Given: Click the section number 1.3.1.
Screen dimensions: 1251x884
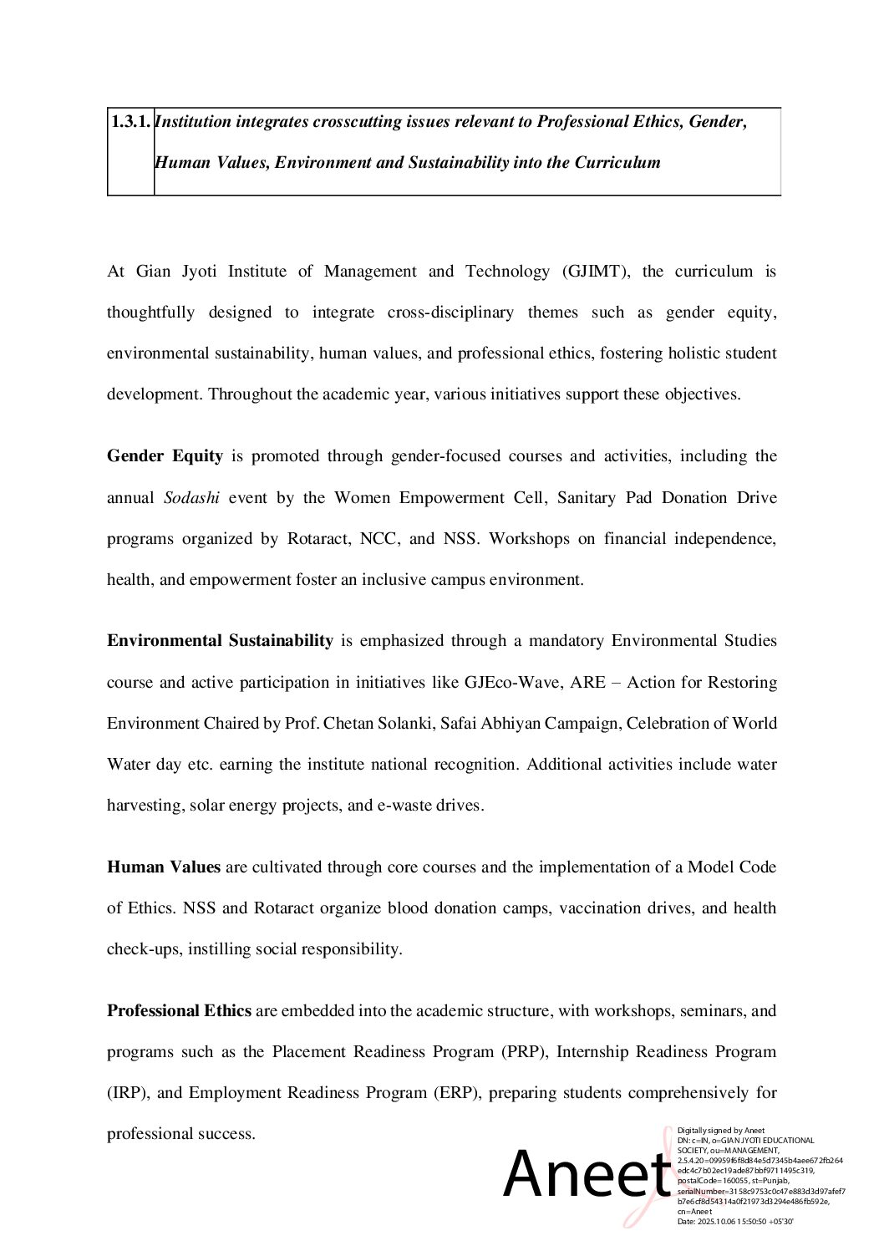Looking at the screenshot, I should pyautogui.click(x=130, y=122).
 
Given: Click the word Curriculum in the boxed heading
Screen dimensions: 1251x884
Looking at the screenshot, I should pyautogui.click(x=617, y=163).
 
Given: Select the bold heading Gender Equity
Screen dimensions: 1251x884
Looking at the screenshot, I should pyautogui.click(x=165, y=456).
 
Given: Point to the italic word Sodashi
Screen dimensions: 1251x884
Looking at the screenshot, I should pyautogui.click(x=191, y=498).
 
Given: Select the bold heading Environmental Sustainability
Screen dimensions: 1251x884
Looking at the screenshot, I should pyautogui.click(x=220, y=641).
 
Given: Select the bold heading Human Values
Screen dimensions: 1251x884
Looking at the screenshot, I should pyautogui.click(x=164, y=867).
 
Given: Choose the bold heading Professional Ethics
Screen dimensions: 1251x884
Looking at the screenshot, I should pyautogui.click(x=179, y=1011).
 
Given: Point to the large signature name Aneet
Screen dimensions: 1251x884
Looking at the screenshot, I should pyautogui.click(x=587, y=1173).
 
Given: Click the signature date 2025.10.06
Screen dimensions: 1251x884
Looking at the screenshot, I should pyautogui.click(x=715, y=1222).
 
